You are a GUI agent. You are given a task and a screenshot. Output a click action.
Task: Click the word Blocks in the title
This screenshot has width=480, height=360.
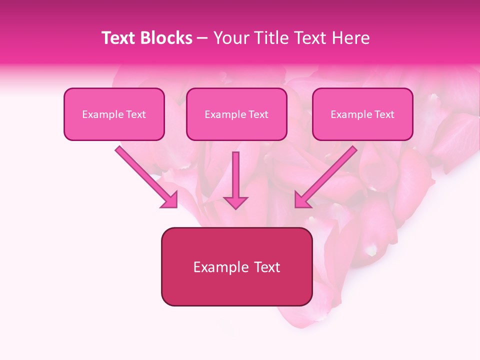coord(167,38)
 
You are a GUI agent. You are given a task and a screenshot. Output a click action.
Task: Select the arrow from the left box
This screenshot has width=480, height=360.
coord(145,175)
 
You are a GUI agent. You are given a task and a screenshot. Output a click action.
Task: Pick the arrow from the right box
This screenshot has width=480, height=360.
coord(327,175)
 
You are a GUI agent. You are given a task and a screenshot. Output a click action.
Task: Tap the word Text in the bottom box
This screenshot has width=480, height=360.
coord(267,267)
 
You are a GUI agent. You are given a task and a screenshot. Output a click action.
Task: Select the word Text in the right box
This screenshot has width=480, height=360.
coord(384,114)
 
